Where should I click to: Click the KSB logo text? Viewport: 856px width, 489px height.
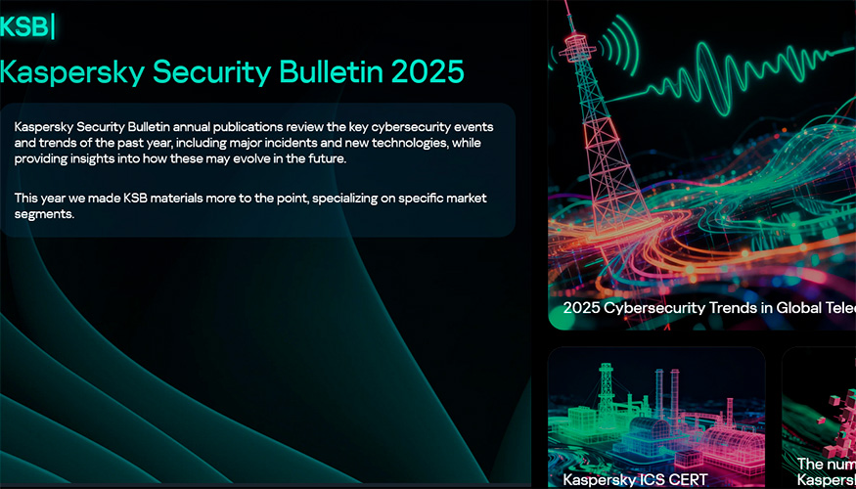click(x=24, y=26)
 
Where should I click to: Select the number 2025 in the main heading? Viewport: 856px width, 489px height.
click(x=427, y=71)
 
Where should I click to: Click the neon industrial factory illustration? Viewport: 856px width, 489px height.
click(x=655, y=416)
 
